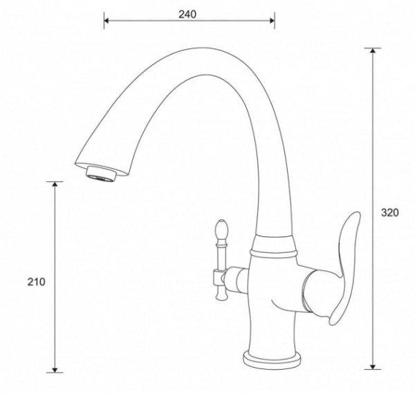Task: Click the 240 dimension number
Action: tap(187, 15)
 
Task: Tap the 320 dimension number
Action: tap(389, 212)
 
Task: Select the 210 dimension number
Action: tap(36, 282)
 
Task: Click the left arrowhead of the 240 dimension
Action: tap(106, 20)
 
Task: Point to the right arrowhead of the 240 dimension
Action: tap(272, 20)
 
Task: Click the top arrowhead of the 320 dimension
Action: tap(373, 50)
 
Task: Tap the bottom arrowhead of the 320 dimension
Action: tap(373, 367)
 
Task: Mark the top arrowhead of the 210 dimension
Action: tap(55, 184)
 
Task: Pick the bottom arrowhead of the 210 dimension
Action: tap(55, 370)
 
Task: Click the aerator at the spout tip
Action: tap(100, 174)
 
